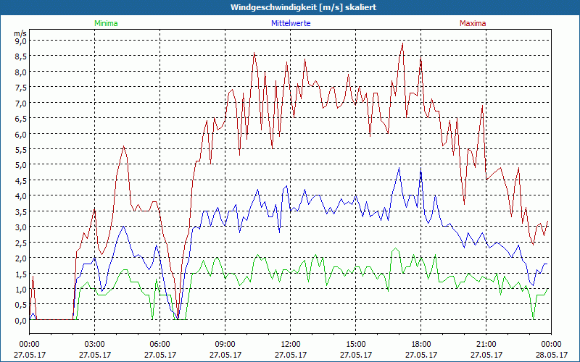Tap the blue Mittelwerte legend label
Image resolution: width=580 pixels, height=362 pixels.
pos(290,23)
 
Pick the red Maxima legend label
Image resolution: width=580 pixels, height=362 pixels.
pos(473,23)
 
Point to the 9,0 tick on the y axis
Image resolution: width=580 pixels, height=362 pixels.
pos(20,41)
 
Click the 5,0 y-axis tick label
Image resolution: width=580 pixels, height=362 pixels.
pos(20,164)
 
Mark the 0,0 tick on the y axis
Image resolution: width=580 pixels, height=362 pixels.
pos(20,320)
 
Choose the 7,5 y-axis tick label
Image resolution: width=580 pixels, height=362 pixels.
pos(20,87)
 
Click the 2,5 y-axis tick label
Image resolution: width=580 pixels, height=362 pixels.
pos(20,243)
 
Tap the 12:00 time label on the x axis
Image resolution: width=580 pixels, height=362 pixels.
pos(291,343)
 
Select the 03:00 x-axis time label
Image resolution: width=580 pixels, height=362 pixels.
pos(95,343)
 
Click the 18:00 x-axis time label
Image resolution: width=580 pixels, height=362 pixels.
pos(421,343)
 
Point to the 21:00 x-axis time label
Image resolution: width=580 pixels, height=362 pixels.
pos(486,343)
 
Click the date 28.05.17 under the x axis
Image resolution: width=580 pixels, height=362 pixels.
pos(551,355)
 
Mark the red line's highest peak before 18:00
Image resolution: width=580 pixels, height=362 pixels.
pos(402,43)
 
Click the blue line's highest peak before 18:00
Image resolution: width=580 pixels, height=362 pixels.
pos(399,167)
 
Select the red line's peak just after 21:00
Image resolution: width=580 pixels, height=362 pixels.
pos(482,106)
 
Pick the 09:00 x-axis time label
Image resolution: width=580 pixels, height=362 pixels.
pos(225,343)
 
